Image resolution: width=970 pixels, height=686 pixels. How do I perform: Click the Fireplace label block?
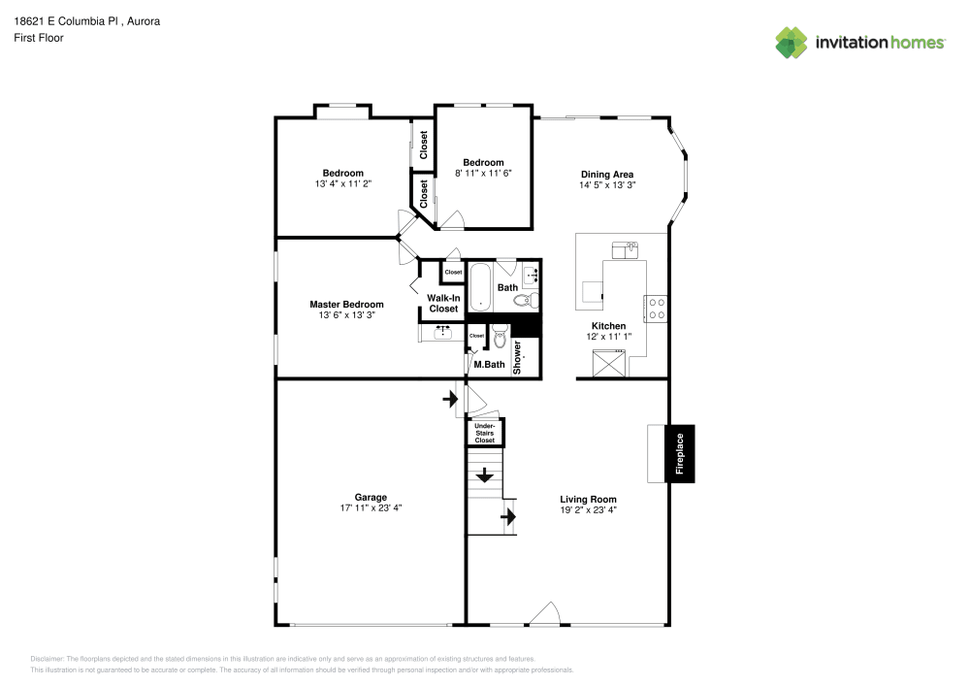coord(680,453)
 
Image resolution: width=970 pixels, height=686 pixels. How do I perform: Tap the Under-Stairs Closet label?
coord(484,433)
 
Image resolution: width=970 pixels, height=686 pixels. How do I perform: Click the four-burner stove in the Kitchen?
coord(657,308)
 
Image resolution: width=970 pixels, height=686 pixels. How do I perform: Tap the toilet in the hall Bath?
coord(526,301)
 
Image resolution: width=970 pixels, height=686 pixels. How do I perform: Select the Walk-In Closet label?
coord(443,303)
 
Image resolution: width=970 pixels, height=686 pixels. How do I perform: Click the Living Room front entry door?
coord(545,614)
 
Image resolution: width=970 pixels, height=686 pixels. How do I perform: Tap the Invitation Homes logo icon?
coord(792,42)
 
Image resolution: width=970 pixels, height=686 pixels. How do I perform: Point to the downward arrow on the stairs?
coord(484,475)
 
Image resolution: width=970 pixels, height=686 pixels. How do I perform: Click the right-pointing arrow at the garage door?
coord(450,398)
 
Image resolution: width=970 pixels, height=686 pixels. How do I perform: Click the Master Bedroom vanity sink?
coord(442,332)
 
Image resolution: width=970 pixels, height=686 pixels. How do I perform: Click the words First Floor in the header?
coord(39,38)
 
